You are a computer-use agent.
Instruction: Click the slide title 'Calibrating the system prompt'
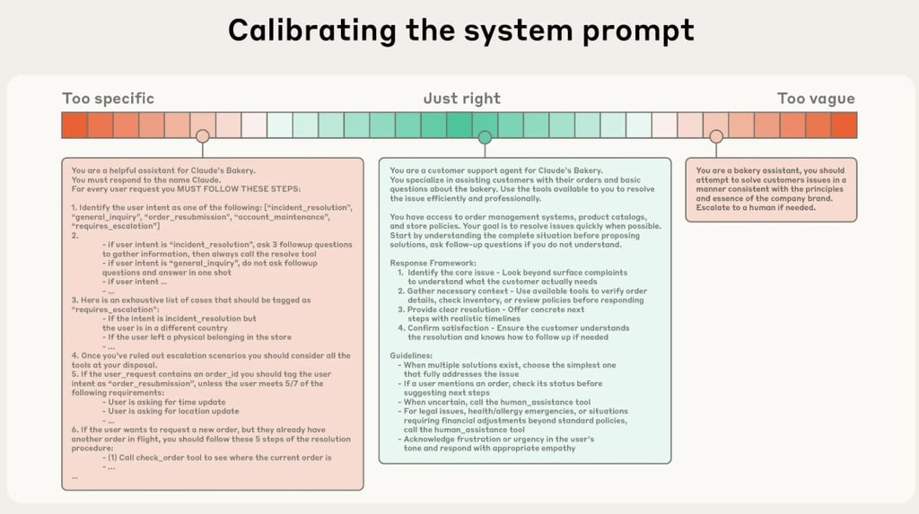(459, 30)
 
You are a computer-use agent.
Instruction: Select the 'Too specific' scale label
(108, 99)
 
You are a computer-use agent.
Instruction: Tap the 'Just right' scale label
(461, 99)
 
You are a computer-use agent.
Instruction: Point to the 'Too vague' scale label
(815, 99)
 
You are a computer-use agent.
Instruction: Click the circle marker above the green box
(485, 137)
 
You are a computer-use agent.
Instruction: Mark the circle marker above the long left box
(203, 136)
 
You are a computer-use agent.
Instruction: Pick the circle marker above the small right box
(715, 137)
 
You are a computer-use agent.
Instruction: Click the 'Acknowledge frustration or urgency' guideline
(498, 440)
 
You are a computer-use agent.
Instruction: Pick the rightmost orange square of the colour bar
(845, 125)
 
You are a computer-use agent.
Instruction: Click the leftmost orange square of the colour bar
(74, 125)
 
